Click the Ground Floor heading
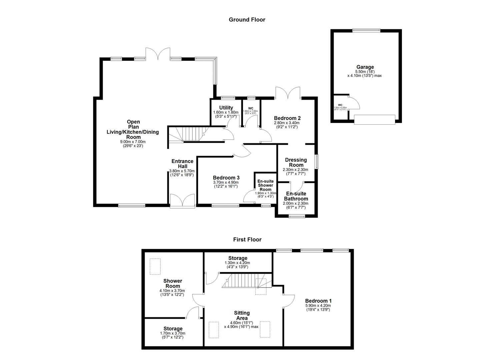pos(247,20)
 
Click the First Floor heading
pos(247,239)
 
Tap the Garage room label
pos(365,67)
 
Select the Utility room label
pos(226,108)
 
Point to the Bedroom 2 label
pos(287,118)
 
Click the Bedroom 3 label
pos(226,178)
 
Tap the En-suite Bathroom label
pos(296,196)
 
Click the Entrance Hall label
pos(182,164)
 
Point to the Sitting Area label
pos(242,315)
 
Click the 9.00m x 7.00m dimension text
pos(133,142)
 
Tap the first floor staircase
pos(243,281)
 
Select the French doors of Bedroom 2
pos(288,93)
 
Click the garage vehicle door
pos(375,119)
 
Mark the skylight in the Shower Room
pos(155,267)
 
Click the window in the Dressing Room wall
pos(316,162)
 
